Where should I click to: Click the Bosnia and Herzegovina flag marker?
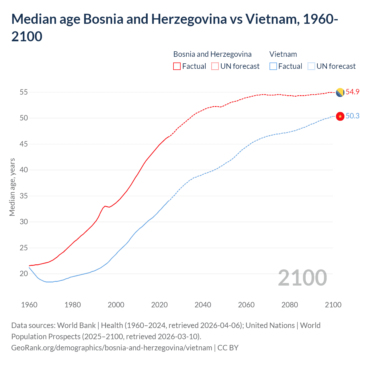[x=340, y=93]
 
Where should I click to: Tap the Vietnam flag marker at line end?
[x=340, y=116]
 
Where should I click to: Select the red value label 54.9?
[x=352, y=92]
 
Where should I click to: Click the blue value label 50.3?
[x=352, y=116]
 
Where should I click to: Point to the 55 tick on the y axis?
[x=24, y=92]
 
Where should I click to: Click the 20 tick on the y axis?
[x=24, y=274]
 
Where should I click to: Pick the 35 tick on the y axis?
[x=24, y=196]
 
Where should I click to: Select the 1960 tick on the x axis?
[x=29, y=305]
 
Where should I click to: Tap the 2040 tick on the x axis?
[x=203, y=305]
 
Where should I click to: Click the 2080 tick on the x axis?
[x=290, y=305]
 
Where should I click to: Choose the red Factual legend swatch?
[x=177, y=66]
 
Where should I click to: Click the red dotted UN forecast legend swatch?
[x=215, y=66]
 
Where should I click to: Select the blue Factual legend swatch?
[x=273, y=66]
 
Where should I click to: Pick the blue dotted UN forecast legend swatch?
[x=311, y=66]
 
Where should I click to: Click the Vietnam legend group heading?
[x=283, y=54]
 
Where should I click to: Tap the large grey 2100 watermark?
[x=302, y=278]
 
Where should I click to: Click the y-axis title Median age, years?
[x=12, y=187]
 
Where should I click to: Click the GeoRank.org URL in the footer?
[x=112, y=348]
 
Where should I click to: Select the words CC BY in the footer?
[x=228, y=348]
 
